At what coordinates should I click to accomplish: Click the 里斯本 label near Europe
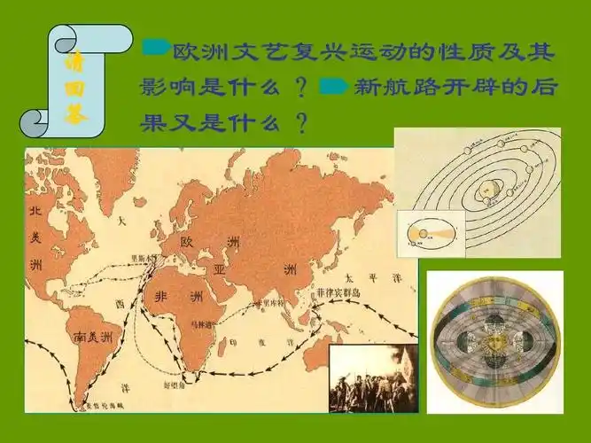click(144, 258)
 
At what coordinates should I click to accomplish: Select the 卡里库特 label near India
click(267, 303)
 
